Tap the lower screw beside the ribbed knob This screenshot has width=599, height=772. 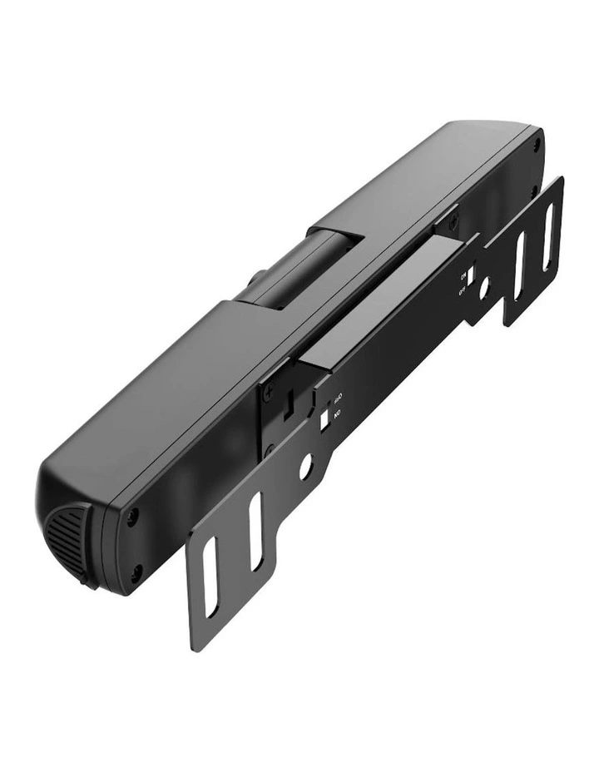tap(136, 570)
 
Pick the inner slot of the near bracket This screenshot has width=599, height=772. tap(255, 532)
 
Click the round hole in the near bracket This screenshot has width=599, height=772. tap(306, 467)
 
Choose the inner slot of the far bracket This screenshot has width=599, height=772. tap(520, 266)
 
